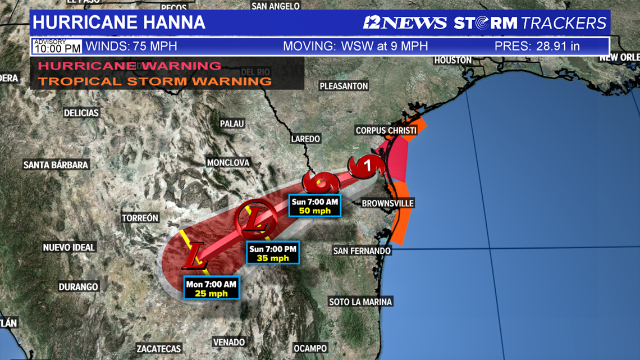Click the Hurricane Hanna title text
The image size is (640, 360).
pyautogui.click(x=118, y=22)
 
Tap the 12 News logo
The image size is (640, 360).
pyautogui.click(x=404, y=22)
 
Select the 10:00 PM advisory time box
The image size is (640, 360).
pyautogui.click(x=57, y=46)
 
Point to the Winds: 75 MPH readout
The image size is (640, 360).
pyautogui.click(x=124, y=46)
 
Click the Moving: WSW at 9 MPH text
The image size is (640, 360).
pyautogui.click(x=355, y=46)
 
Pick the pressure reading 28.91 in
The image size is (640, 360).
pyautogui.click(x=537, y=46)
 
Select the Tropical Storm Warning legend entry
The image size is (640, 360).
pyautogui.click(x=154, y=81)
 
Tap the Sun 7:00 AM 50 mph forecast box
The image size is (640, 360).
pyautogui.click(x=315, y=206)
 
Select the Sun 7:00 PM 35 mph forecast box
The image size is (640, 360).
pyautogui.click(x=273, y=253)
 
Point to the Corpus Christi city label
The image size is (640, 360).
pyautogui.click(x=386, y=130)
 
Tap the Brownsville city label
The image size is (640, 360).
pyautogui.click(x=387, y=203)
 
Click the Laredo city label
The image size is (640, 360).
pyautogui.click(x=305, y=138)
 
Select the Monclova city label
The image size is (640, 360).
pyautogui.click(x=228, y=162)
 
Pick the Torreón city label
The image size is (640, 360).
pyautogui.click(x=140, y=218)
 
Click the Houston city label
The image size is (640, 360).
pyautogui.click(x=452, y=60)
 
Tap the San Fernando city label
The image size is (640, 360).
pyautogui.click(x=362, y=250)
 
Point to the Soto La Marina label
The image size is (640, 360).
pyautogui.click(x=360, y=302)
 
